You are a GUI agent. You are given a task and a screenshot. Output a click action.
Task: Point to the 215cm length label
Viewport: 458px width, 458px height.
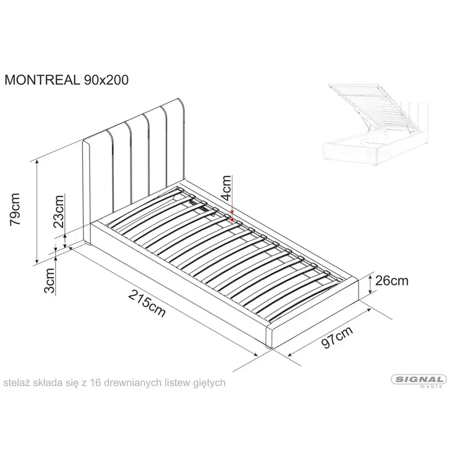tap(147, 303)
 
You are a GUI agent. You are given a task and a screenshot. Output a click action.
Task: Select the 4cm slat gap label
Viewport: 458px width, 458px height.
tap(227, 188)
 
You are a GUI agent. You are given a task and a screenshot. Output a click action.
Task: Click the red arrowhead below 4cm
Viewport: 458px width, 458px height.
tap(232, 214)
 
